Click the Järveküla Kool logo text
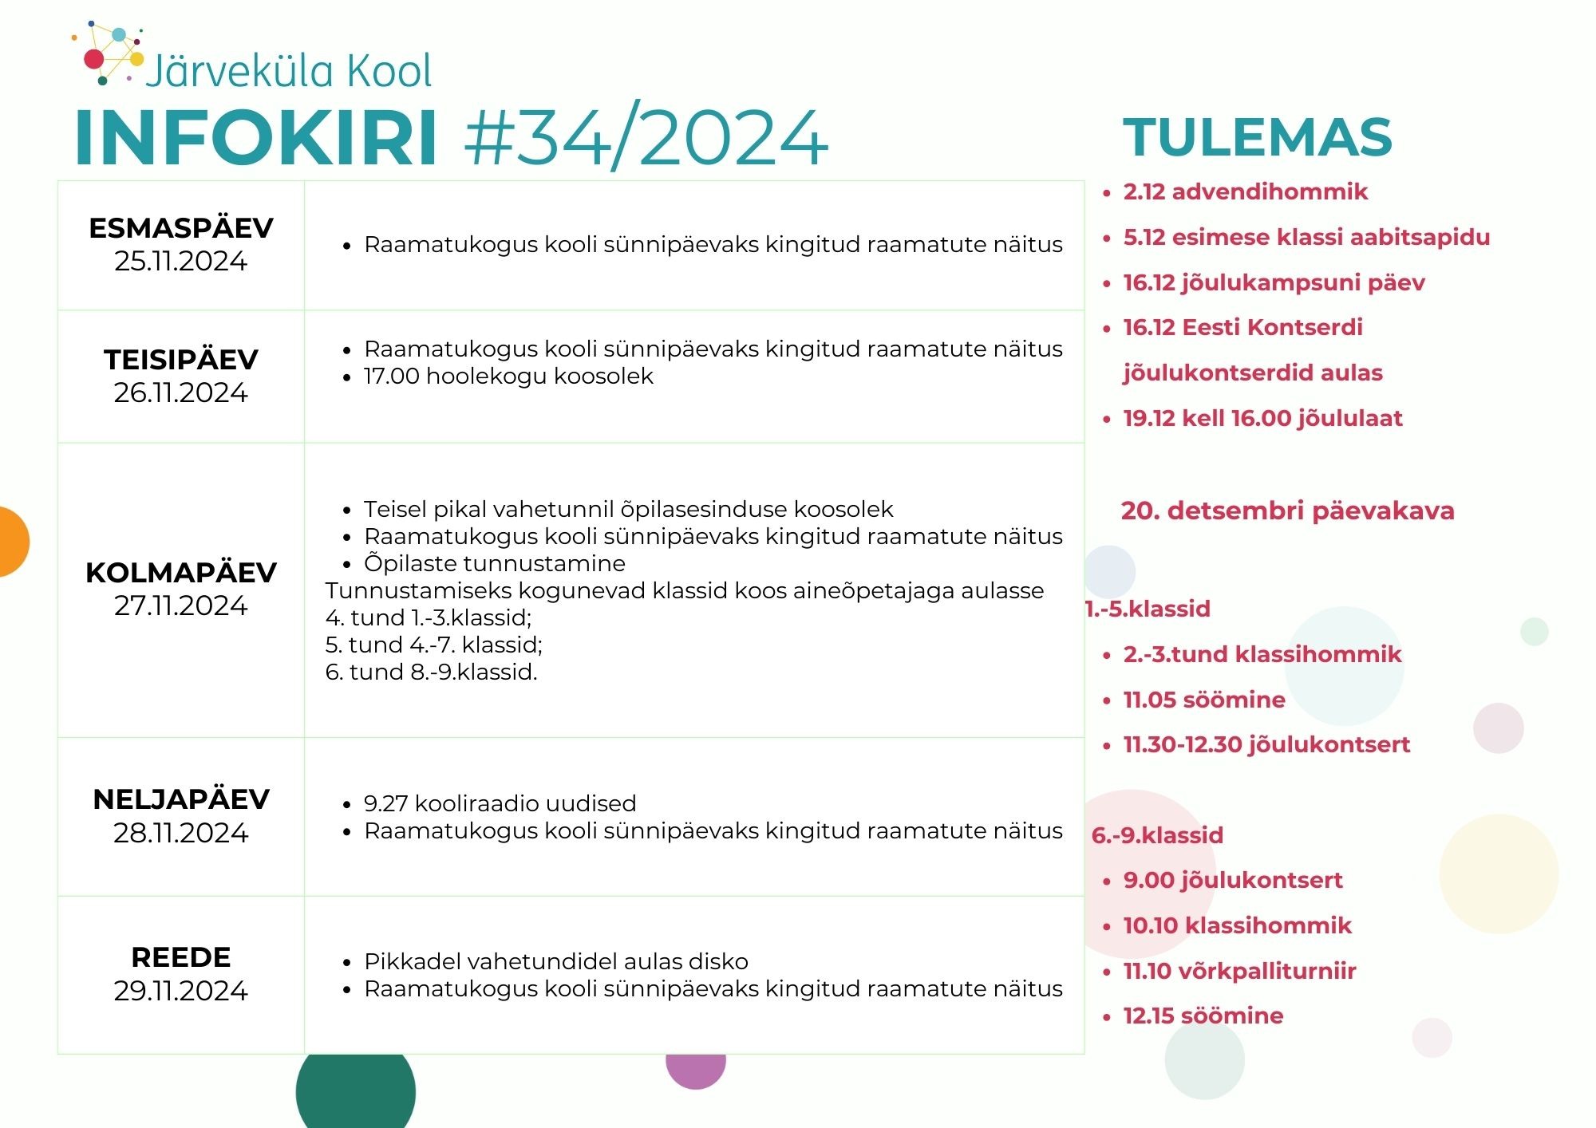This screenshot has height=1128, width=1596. click(290, 70)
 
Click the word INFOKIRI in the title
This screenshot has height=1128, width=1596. click(256, 137)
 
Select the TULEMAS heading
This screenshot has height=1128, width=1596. click(1258, 137)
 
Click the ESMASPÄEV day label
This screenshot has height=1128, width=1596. click(181, 228)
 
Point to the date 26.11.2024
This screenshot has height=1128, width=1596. click(181, 392)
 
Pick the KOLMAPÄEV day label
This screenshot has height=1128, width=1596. click(181, 572)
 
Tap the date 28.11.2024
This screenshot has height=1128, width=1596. click(181, 833)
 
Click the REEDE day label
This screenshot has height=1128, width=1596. click(181, 956)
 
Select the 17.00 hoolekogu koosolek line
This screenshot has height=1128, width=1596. click(508, 376)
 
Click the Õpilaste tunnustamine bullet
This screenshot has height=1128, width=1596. click(495, 563)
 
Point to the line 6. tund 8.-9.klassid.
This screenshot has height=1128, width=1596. click(432, 672)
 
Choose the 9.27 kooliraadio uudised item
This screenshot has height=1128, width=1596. click(500, 803)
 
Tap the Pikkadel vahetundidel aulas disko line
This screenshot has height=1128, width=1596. click(556, 961)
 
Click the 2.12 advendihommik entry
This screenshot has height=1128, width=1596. click(1246, 191)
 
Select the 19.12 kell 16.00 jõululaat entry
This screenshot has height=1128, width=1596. click(1262, 418)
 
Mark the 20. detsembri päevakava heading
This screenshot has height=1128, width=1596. click(1288, 511)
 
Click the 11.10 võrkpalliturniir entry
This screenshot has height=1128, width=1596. click(1239, 971)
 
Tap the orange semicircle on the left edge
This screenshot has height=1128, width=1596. click(14, 542)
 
